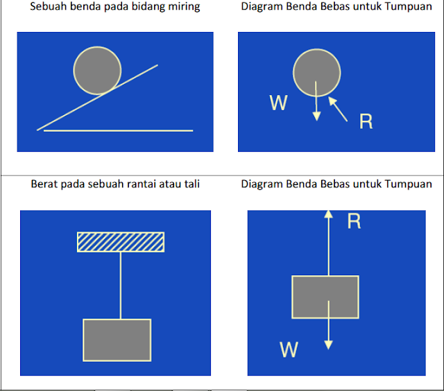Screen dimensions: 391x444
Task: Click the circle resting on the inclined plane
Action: coord(98,70)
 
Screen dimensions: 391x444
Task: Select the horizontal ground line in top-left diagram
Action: coord(118,130)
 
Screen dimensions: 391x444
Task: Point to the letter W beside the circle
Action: coord(278,103)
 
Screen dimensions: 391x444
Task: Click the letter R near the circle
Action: coord(366,122)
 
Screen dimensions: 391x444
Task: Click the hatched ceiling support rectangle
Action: coord(121,241)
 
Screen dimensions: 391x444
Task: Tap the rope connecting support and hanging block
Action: coord(121,284)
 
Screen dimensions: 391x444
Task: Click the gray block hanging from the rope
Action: coord(117,340)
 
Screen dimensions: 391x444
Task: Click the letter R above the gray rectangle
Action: coord(354,222)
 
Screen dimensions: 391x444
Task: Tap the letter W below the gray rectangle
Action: coord(289,349)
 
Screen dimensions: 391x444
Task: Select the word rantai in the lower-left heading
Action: coord(135,184)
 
